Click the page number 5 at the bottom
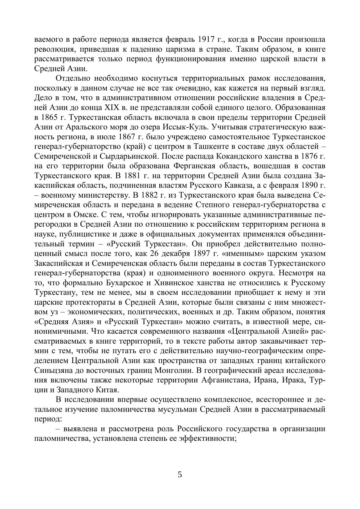(x=180, y=475)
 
